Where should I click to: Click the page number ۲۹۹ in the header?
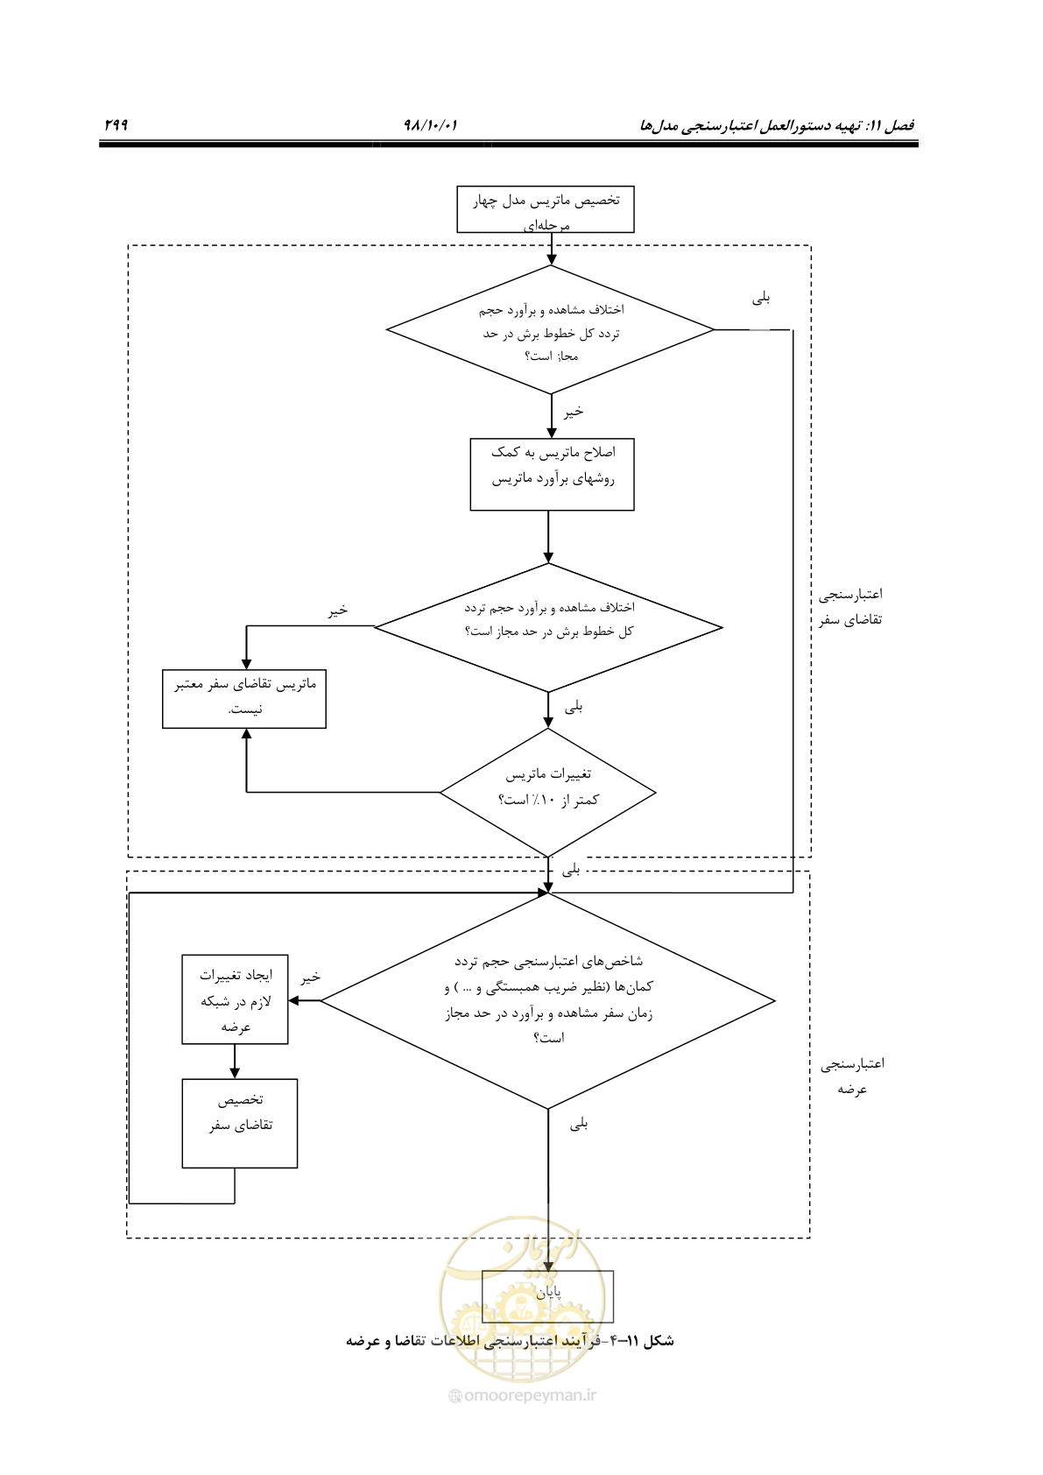pyautogui.click(x=116, y=124)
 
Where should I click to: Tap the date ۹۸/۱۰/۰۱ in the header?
pyautogui.click(x=430, y=124)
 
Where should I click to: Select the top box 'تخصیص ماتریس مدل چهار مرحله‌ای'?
pyautogui.click(x=546, y=209)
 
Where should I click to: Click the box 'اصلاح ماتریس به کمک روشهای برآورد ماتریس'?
pyautogui.click(x=552, y=474)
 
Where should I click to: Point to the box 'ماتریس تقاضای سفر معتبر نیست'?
pyautogui.click(x=244, y=699)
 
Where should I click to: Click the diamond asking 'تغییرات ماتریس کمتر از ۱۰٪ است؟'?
pyautogui.click(x=548, y=792)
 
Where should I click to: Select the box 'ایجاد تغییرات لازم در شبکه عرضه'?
pyautogui.click(x=235, y=999)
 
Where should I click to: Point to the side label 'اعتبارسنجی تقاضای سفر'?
pyautogui.click(x=850, y=607)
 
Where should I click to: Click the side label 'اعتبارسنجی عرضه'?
pyautogui.click(x=852, y=1076)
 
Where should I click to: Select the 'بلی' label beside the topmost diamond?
pyautogui.click(x=761, y=299)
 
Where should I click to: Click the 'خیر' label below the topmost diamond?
pyautogui.click(x=574, y=412)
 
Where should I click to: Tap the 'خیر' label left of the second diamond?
pyautogui.click(x=338, y=610)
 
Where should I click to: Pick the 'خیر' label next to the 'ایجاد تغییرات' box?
pyautogui.click(x=311, y=977)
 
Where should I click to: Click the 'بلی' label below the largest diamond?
pyautogui.click(x=578, y=1124)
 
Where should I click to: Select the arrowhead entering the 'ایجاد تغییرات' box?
pyautogui.click(x=293, y=1000)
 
